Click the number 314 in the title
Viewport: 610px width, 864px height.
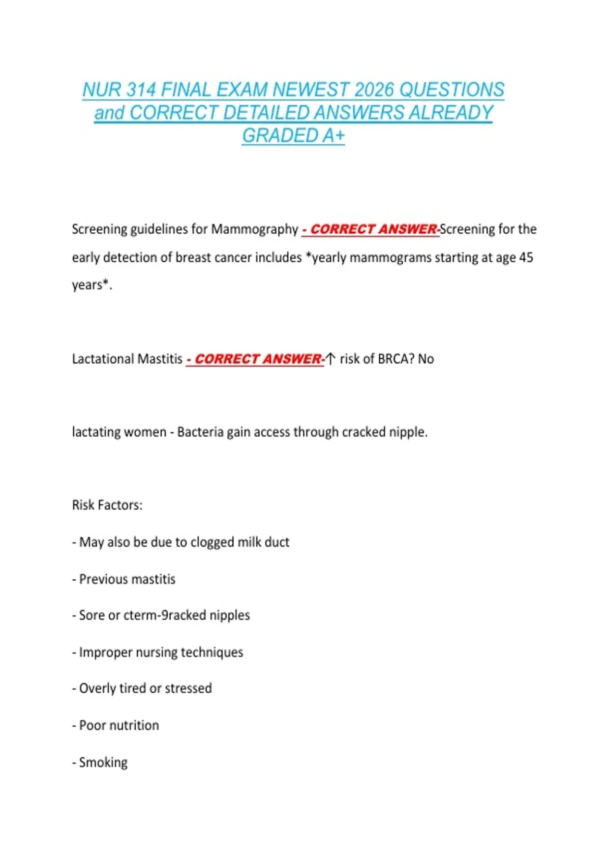141,90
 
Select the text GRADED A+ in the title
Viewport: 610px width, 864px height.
293,136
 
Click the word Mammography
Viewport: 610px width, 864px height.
255,229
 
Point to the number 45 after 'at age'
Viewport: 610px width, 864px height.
526,258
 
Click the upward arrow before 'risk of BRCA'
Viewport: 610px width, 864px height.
330,359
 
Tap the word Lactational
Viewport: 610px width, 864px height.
101,359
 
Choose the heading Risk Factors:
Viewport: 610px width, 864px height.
107,505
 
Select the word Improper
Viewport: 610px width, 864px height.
105,652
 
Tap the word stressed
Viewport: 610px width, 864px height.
188,688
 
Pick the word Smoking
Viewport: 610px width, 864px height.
103,762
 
